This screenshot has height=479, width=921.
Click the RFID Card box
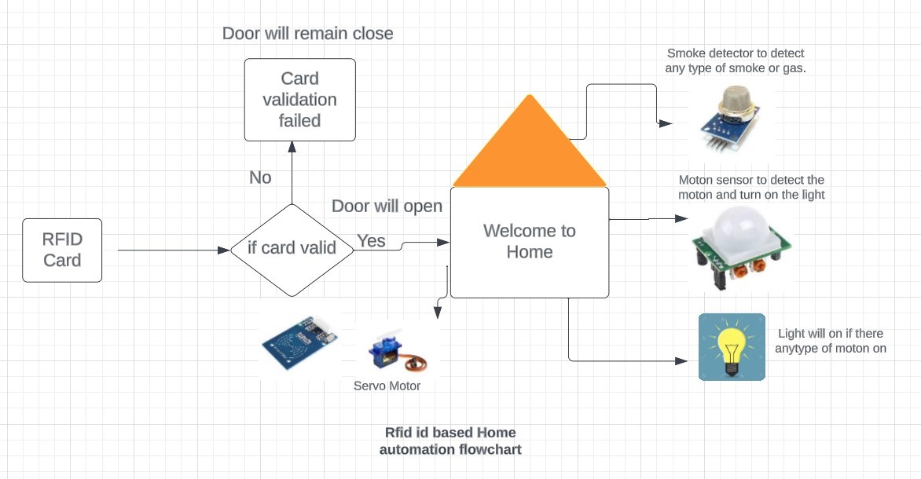(62, 250)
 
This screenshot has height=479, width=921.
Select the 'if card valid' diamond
(292, 249)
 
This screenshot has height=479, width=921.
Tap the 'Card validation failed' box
(299, 100)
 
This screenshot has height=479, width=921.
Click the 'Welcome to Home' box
(529, 242)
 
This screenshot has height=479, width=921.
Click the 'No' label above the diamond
(260, 177)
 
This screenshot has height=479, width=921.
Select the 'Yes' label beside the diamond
(371, 240)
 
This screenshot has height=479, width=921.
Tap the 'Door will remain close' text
(307, 33)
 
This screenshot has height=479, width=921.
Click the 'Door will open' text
(387, 207)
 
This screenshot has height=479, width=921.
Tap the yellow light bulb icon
(732, 347)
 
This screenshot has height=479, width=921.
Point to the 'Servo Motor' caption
(387, 386)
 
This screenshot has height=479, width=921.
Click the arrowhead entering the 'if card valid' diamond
(224, 250)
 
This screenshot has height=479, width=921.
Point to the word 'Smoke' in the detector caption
(685, 53)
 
